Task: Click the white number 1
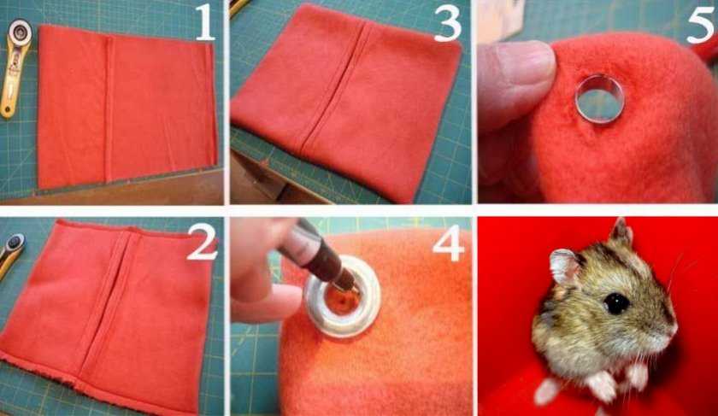pos(204,23)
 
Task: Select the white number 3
pos(447,23)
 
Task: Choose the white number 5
pos(702,23)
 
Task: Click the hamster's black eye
pos(616,303)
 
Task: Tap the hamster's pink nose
pos(674,328)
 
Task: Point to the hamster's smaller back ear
pos(622,232)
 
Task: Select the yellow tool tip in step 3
pos(239,5)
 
